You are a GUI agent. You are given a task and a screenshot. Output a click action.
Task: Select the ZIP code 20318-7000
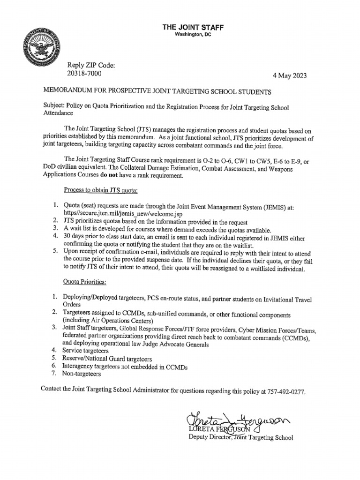84,74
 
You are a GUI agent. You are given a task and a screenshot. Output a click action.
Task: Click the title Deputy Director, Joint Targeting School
240,437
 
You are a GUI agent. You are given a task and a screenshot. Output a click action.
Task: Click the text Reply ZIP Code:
91,65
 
